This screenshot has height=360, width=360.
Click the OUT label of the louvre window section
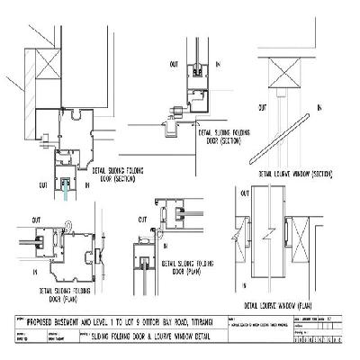click(x=262, y=106)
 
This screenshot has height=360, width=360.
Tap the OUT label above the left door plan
click(x=36, y=219)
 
